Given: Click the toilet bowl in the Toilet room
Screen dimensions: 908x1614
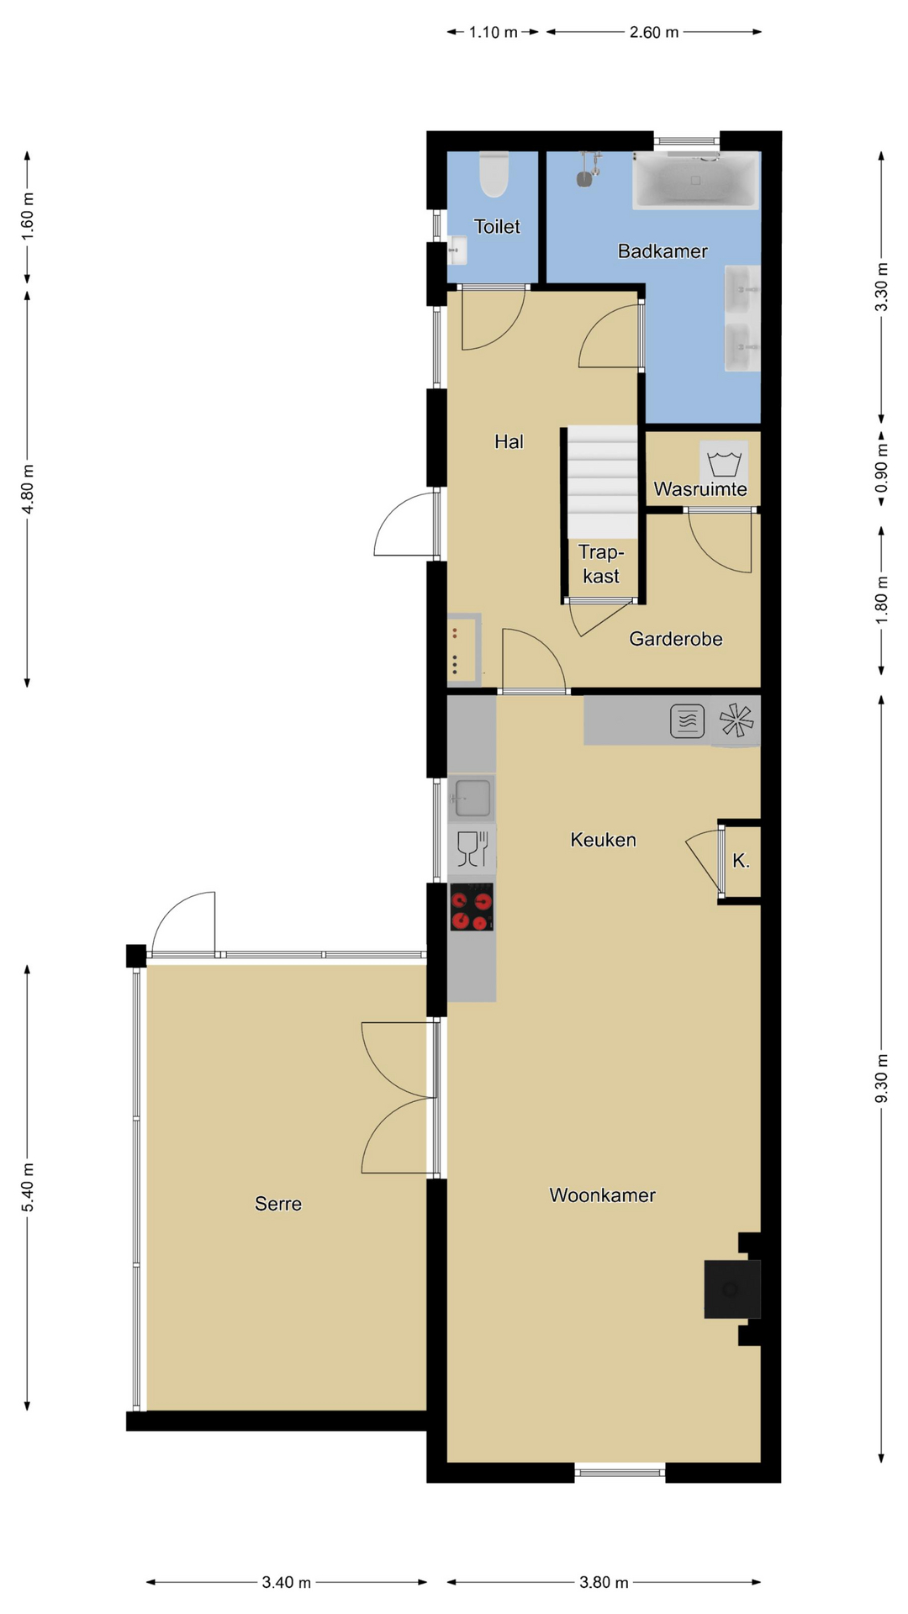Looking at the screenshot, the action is (494, 174).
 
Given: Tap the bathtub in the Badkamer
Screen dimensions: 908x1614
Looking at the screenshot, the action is (695, 180).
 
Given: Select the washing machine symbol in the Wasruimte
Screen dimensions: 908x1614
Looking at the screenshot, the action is (724, 463).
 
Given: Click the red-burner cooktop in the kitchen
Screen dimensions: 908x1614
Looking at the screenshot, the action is (472, 907).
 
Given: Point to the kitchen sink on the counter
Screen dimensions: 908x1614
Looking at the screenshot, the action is (471, 797).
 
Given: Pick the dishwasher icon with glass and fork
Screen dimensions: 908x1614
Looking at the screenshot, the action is (472, 848).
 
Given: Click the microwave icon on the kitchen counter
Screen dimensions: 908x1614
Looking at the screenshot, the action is (687, 720).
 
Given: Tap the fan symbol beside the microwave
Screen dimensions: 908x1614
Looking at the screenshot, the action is (736, 720).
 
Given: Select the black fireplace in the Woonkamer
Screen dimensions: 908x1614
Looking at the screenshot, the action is (732, 1289).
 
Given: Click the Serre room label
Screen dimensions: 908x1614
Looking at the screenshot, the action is (278, 1204).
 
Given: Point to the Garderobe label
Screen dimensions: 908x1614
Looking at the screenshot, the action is (676, 639).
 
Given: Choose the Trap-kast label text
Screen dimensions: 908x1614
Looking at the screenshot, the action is (601, 564).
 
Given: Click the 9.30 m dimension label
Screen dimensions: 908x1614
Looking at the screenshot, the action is (881, 1079).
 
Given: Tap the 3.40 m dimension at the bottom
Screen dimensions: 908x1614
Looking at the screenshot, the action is (287, 1582).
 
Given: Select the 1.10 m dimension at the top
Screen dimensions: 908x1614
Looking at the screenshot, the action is (494, 32).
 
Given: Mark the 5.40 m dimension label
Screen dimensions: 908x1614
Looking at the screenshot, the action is (28, 1188).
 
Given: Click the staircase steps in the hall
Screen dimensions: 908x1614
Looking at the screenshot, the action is (602, 482).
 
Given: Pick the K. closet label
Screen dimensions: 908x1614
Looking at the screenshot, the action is (741, 861).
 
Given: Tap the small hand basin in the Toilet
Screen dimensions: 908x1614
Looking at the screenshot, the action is (457, 251).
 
